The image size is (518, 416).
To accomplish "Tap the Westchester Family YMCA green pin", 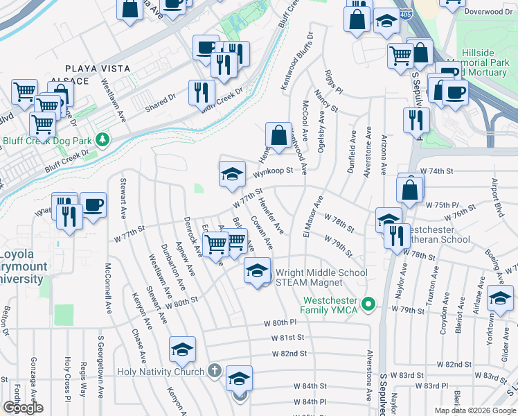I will (368, 304).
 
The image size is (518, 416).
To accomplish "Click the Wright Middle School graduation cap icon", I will (257, 271).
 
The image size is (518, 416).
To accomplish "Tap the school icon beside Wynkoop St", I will (232, 174).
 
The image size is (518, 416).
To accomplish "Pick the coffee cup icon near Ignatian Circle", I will (93, 205).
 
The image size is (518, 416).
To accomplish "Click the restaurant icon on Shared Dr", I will (202, 93).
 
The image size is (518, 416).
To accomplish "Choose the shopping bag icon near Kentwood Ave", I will (278, 135).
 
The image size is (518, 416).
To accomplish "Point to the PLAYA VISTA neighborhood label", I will (93, 68).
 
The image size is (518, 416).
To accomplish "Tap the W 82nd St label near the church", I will (289, 354).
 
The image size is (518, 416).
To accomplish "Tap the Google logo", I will (23, 408).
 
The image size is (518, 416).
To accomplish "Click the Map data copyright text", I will (475, 410).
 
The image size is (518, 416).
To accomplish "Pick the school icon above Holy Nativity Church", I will (182, 349).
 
